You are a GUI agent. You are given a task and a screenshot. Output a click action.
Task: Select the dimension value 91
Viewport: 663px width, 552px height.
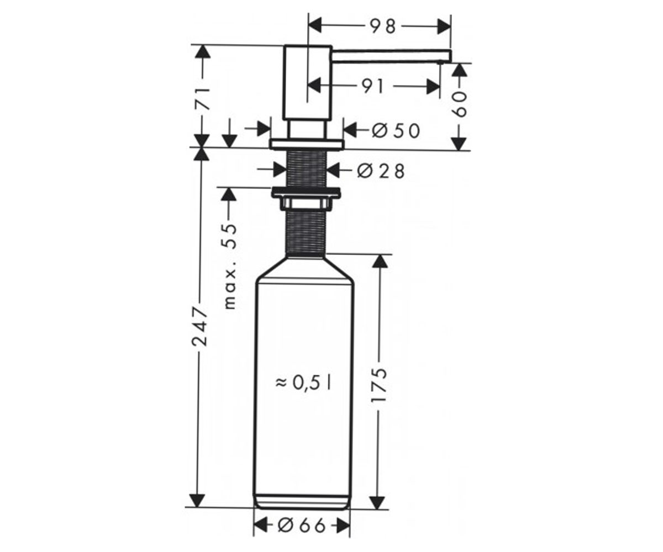pos(373,87)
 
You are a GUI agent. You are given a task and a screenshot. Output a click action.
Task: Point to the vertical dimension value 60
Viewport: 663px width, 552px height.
pos(460,104)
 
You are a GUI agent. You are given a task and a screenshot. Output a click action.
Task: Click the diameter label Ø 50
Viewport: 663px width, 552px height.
pos(396,131)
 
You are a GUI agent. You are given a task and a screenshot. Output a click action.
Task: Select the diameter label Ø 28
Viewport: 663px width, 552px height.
pos(381,172)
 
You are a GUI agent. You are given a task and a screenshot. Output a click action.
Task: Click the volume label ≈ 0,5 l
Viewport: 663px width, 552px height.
pos(303,384)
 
